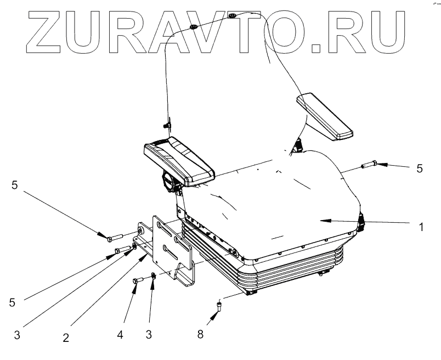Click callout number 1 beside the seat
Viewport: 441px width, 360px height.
coord(421,226)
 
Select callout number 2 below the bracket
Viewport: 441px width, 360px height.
coord(66,337)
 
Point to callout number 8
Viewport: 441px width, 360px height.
coord(201,333)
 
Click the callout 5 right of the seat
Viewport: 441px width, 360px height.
coord(420,168)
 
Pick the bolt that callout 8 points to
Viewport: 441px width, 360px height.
coord(220,305)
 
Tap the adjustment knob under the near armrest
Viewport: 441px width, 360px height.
coord(167,181)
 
